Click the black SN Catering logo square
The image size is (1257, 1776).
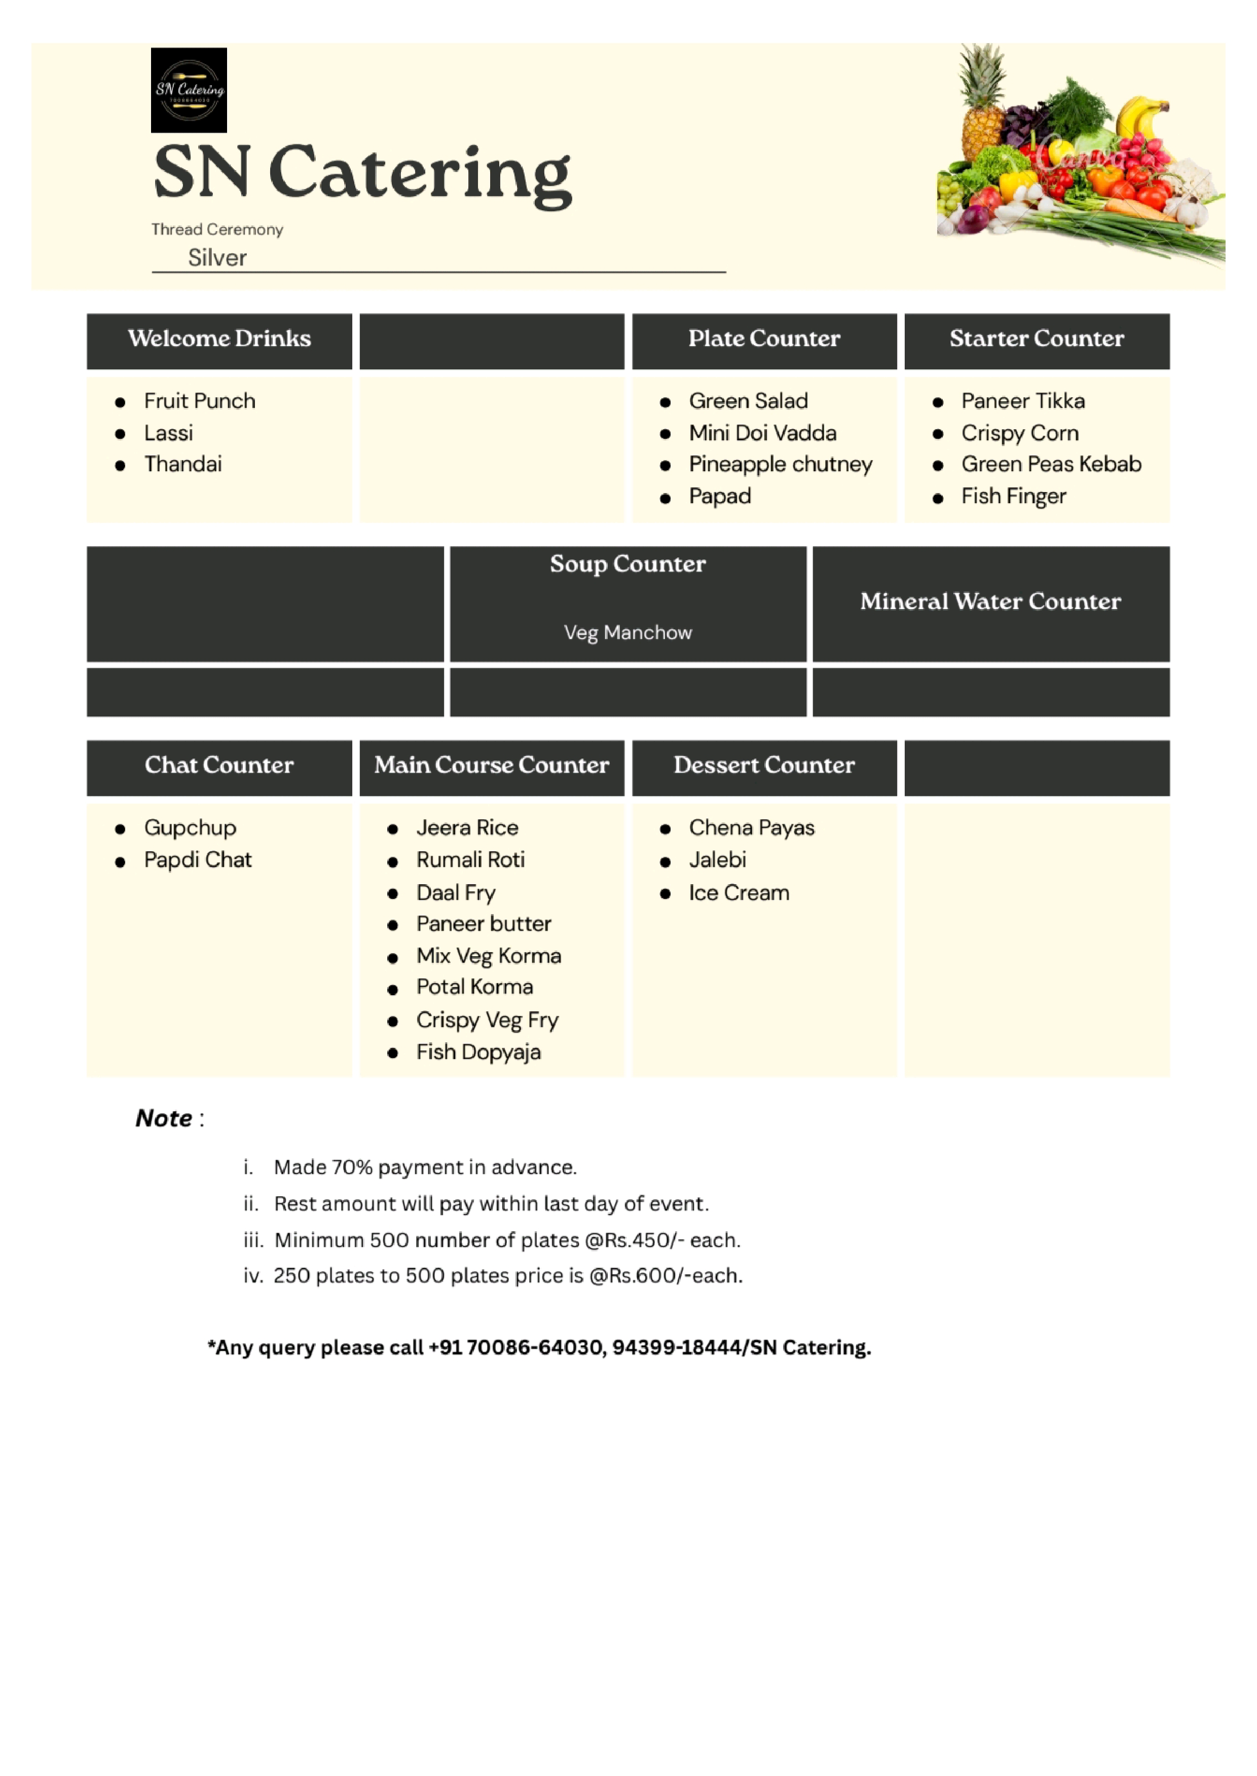click(x=189, y=90)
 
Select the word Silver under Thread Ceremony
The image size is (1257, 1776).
click(x=217, y=258)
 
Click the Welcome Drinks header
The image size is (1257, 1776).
click(x=219, y=339)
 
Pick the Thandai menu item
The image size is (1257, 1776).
click(x=183, y=464)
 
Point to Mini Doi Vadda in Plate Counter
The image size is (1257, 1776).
click(x=762, y=433)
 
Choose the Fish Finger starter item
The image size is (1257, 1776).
click(x=1013, y=497)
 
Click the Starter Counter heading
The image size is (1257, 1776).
click(x=1037, y=339)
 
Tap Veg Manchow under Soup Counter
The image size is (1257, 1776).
click(x=627, y=633)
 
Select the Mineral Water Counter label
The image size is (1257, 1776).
click(x=990, y=602)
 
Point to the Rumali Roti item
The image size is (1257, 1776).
click(x=470, y=860)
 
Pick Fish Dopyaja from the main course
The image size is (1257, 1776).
click(x=478, y=1052)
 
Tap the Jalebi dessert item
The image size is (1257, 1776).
click(x=718, y=860)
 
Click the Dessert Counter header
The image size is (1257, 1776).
click(x=764, y=765)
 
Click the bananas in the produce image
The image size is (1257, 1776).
click(x=1144, y=116)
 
